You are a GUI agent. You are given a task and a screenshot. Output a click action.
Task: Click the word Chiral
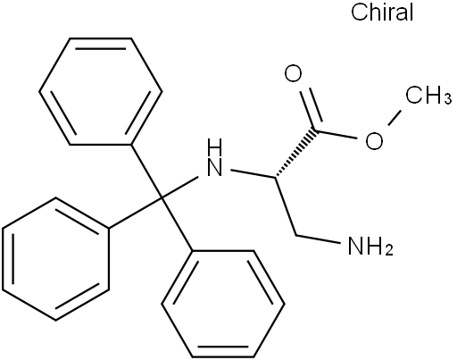click(382, 13)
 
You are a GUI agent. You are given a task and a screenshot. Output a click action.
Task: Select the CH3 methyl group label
click(429, 95)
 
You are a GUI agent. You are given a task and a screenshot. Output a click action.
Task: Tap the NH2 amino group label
click(370, 246)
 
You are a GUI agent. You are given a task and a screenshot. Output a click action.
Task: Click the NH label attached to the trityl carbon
click(215, 157)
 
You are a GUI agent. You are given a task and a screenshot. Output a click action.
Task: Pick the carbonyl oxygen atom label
click(293, 74)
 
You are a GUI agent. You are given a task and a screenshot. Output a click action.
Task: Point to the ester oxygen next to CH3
click(374, 141)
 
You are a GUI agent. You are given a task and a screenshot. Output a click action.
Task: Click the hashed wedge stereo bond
click(296, 154)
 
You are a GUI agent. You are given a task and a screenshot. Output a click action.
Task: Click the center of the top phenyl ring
click(101, 91)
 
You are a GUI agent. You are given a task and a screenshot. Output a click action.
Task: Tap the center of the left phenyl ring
click(56, 259)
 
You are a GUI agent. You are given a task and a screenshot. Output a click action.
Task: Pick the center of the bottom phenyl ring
click(223, 304)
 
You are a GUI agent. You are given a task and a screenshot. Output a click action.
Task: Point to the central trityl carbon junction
click(162, 197)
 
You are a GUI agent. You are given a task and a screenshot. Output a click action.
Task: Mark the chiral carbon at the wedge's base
click(276, 179)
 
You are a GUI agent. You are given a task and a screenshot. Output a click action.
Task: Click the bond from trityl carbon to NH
click(179, 188)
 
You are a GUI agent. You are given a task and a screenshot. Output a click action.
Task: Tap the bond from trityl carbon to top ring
click(146, 172)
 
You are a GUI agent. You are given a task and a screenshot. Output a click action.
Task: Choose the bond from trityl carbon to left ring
click(136, 213)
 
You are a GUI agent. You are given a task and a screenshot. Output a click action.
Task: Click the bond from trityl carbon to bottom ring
click(178, 224)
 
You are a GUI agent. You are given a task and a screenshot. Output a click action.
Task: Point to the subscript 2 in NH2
click(389, 251)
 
